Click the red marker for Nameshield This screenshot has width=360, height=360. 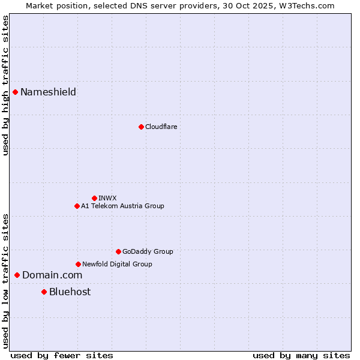(x=15, y=92)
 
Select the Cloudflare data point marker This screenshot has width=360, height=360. (x=141, y=127)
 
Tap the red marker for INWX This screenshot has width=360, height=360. (x=94, y=198)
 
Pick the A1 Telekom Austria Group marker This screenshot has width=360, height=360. (x=77, y=206)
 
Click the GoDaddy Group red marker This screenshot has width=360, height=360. (x=118, y=251)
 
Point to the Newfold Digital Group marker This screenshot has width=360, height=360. (x=78, y=264)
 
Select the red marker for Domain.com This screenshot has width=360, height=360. (x=17, y=275)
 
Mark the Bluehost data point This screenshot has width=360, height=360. (x=44, y=292)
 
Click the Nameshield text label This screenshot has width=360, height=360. (x=48, y=92)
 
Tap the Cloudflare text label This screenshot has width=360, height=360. (x=161, y=127)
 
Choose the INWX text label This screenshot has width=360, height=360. (x=107, y=198)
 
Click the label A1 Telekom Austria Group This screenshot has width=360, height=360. (x=122, y=206)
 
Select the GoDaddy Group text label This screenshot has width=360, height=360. (x=148, y=251)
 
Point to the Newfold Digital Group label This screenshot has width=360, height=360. (x=117, y=264)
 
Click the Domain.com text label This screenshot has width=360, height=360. (x=52, y=275)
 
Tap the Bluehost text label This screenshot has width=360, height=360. (x=70, y=292)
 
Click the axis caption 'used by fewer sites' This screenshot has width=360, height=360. (x=62, y=355)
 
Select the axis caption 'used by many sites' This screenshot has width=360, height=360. (x=301, y=355)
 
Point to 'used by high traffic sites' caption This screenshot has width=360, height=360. (x=5, y=85)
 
